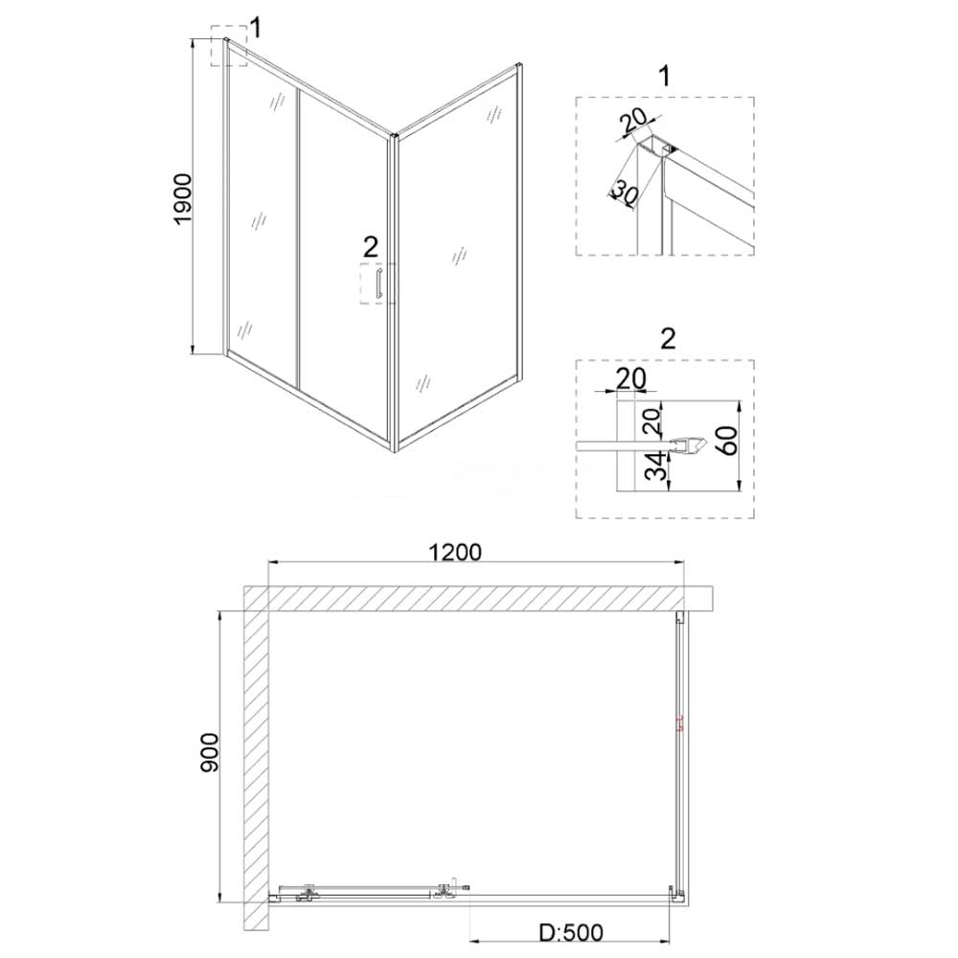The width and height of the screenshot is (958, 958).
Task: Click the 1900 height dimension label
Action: click(183, 199)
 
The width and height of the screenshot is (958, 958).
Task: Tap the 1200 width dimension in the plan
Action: click(454, 552)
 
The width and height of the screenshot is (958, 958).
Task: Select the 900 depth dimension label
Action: click(210, 752)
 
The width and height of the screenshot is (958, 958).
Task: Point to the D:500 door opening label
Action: click(571, 933)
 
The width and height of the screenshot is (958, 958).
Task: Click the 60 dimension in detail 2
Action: click(729, 441)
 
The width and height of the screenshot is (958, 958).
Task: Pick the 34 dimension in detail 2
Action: click(656, 467)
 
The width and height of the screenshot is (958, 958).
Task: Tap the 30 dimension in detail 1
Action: click(625, 194)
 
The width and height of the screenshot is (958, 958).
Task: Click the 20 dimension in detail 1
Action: click(633, 124)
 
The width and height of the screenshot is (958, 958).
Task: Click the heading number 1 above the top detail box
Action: click(665, 77)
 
